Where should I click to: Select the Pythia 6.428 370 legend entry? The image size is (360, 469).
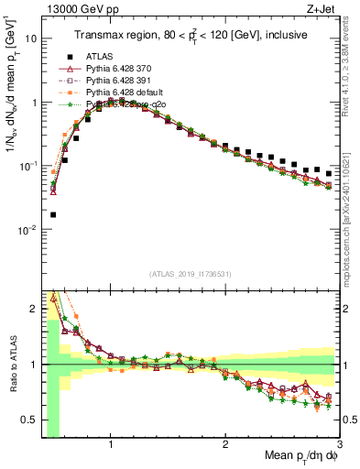[x=117, y=70]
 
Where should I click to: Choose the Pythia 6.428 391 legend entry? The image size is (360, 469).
[x=117, y=82]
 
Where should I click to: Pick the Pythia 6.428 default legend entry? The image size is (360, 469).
[x=121, y=93]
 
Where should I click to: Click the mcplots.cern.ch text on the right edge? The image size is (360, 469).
[x=352, y=211]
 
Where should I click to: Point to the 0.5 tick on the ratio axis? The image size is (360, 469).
[x=29, y=420]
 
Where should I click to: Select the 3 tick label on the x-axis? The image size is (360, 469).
[x=339, y=447]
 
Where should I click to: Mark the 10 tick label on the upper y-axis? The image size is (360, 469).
[x=30, y=39]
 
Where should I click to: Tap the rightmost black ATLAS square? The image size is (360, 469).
[x=328, y=173]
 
